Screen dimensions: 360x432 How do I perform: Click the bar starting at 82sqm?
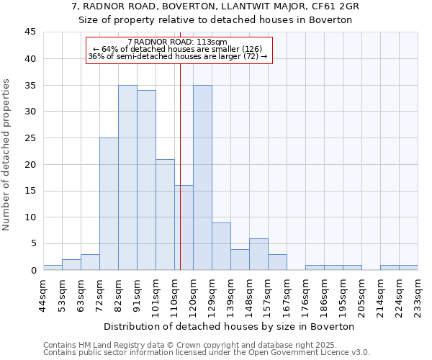[127, 178]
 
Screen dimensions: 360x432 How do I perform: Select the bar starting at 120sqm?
[202, 178]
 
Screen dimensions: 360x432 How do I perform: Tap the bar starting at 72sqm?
[109, 204]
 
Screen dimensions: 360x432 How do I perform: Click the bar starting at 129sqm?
[221, 246]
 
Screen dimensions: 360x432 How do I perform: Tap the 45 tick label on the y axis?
[30, 32]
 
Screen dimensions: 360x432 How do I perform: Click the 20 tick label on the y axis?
[30, 164]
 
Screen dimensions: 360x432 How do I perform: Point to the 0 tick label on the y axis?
[32, 270]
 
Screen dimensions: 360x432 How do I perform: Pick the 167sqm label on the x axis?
[287, 293]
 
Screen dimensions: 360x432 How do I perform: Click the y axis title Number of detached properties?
[7, 155]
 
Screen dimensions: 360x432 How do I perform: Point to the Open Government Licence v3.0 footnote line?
[206, 353]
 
